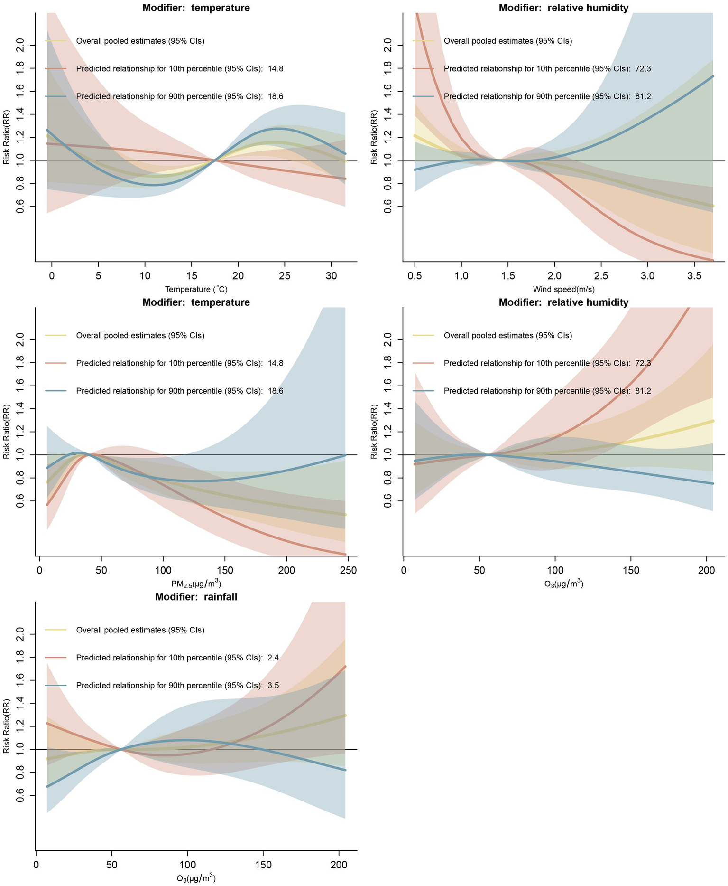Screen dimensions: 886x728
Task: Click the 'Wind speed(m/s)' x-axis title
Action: (563, 289)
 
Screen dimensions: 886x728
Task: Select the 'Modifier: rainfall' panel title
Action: (196, 597)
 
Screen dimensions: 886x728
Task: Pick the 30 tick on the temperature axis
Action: (331, 275)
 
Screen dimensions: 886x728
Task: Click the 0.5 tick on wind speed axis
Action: (415, 275)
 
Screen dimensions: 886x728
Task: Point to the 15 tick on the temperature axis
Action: (192, 275)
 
